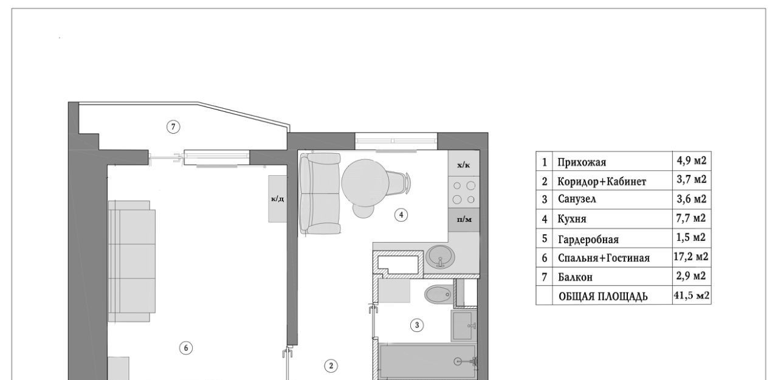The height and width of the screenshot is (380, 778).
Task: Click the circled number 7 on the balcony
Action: (x=173, y=126)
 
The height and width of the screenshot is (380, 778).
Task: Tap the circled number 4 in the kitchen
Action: (x=401, y=215)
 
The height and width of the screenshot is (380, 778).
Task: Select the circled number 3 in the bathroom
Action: (x=417, y=325)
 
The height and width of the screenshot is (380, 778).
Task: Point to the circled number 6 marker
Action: (x=186, y=348)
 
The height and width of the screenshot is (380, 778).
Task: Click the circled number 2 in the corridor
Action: (x=331, y=366)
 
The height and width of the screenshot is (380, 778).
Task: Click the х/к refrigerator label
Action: (x=464, y=165)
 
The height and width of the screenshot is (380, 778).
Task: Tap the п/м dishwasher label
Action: (x=464, y=219)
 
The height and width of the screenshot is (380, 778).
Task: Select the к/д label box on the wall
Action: (x=278, y=199)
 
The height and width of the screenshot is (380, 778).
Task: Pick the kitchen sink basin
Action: (x=441, y=257)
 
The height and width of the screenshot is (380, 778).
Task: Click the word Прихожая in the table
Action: (x=582, y=162)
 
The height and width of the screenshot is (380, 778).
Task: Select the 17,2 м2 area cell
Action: (x=691, y=257)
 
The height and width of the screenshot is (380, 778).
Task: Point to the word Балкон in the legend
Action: (x=575, y=277)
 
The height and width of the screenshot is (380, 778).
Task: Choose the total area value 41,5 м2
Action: (x=692, y=295)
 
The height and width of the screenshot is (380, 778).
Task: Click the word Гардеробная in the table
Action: (x=588, y=240)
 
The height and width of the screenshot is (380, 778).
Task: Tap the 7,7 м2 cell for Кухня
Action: (x=691, y=218)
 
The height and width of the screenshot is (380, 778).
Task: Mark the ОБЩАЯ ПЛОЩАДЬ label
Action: (x=604, y=297)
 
